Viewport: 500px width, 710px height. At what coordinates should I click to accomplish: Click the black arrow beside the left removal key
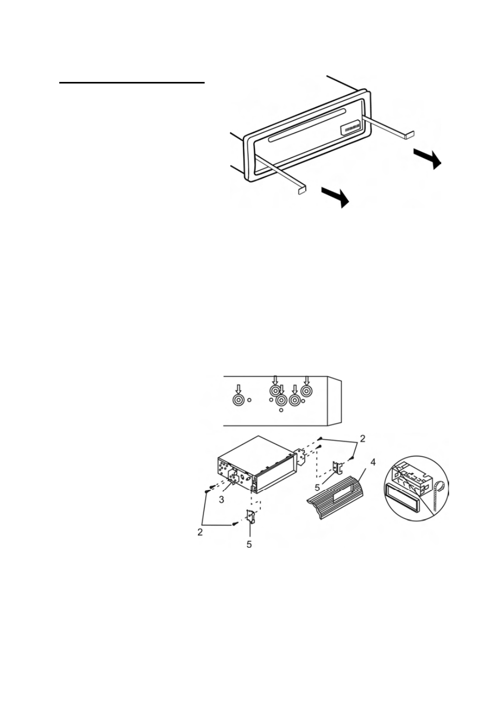tap(335, 196)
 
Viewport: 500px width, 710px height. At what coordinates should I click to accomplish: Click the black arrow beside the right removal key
tap(428, 159)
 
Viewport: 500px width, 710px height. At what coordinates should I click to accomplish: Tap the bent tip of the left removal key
tap(302, 190)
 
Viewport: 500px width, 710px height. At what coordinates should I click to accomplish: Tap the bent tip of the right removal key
tap(410, 134)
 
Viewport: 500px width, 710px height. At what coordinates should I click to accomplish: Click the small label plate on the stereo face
tap(351, 128)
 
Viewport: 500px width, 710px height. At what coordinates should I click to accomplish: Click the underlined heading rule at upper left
tap(132, 83)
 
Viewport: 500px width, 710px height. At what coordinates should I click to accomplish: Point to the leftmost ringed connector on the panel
tap(238, 400)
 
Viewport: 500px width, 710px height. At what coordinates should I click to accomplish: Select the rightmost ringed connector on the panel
tap(306, 391)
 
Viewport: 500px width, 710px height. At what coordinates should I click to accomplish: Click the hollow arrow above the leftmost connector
tap(238, 389)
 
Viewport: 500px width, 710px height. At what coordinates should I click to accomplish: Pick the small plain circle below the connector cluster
tap(281, 410)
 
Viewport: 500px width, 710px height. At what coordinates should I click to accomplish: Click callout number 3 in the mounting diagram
tap(221, 499)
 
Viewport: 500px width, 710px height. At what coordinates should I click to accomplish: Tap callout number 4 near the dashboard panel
tap(373, 463)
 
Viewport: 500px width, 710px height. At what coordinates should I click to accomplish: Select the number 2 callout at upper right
tap(363, 438)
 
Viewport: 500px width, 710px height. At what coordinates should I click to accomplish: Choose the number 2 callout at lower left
tap(200, 532)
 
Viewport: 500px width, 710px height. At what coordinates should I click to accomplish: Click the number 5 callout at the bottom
tap(249, 545)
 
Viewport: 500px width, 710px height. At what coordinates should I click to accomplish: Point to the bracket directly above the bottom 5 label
tap(251, 516)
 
